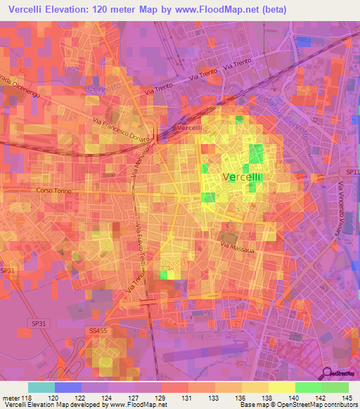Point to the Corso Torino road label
[55, 190]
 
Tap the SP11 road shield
[352, 171]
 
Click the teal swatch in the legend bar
[41, 387]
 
